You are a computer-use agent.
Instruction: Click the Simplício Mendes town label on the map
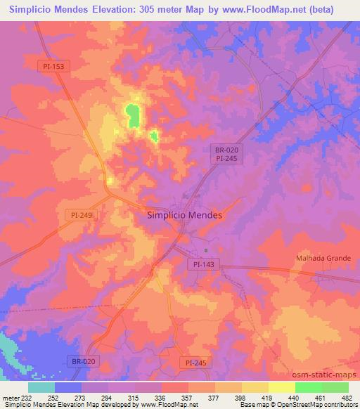(x=185, y=216)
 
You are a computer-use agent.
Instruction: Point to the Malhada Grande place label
(x=322, y=258)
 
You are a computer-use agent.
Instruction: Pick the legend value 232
(x=26, y=398)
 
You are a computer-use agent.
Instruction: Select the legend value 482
(x=346, y=398)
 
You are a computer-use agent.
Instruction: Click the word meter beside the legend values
(x=10, y=398)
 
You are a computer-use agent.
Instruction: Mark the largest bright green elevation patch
(x=131, y=115)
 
